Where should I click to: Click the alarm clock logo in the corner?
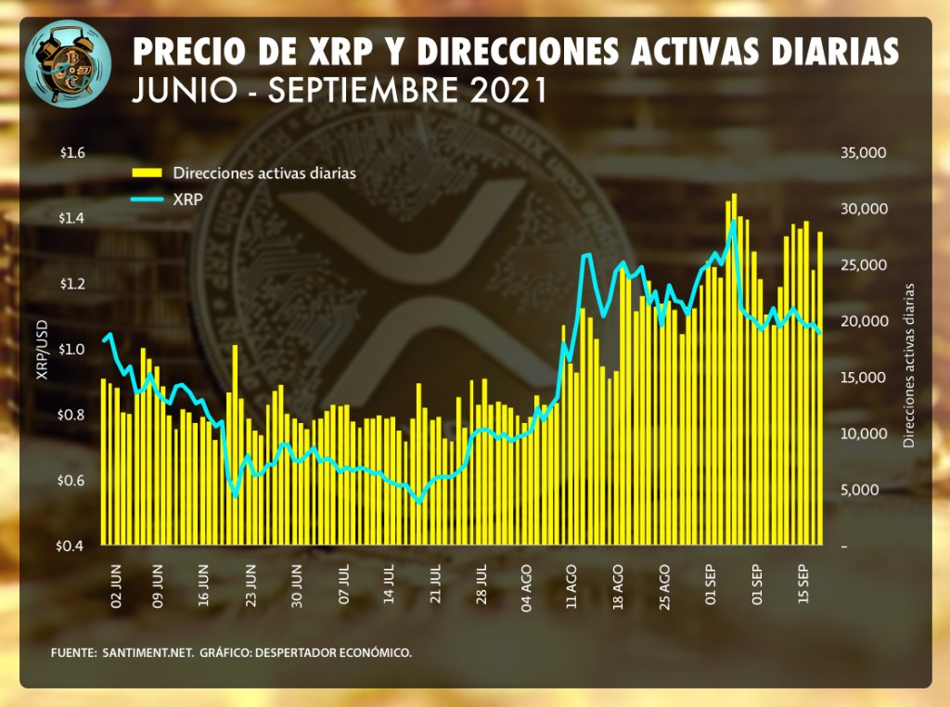coord(68,63)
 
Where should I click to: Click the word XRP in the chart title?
coord(343,52)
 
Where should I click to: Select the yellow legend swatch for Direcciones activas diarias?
coord(147,173)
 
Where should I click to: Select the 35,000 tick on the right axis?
coord(862,152)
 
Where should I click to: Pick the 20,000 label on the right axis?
coord(862,321)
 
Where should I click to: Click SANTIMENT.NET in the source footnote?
coord(146,653)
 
